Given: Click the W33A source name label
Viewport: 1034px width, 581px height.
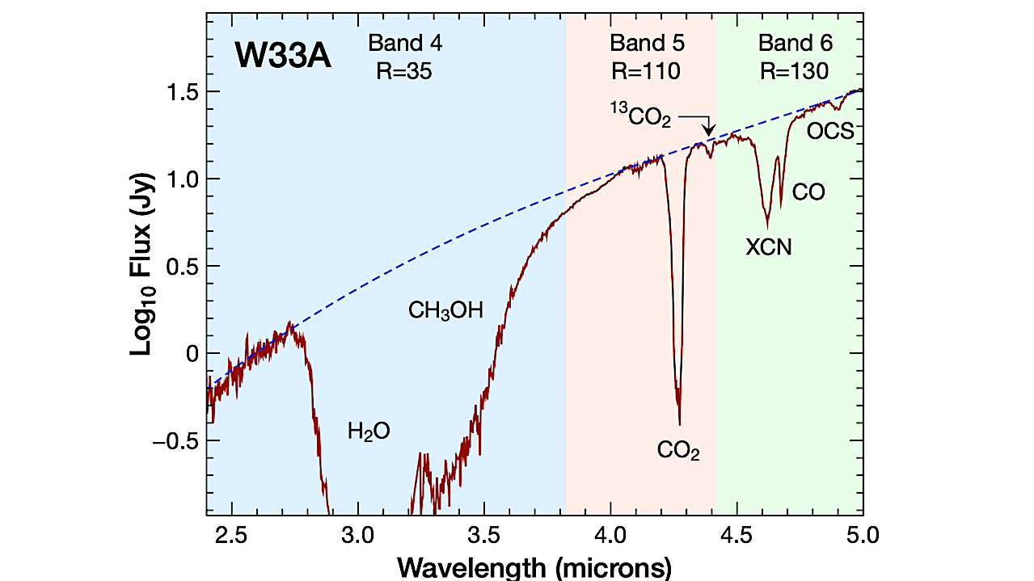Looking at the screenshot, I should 283,56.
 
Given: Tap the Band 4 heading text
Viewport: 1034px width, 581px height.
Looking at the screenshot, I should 405,43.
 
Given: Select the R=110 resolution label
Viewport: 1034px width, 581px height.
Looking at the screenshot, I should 646,71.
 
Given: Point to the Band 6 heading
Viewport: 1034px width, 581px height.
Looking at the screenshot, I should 795,43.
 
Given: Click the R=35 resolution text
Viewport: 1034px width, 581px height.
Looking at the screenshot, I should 404,71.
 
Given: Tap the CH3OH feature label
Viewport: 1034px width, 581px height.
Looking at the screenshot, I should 445,310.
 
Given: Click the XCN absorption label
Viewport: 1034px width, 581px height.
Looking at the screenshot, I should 768,248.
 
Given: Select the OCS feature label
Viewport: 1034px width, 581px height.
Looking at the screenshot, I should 830,131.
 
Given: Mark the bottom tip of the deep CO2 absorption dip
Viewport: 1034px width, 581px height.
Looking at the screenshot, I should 679,423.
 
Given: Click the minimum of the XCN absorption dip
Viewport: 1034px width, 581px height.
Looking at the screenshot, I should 767,227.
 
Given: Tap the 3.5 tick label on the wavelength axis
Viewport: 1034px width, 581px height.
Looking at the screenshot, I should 483,535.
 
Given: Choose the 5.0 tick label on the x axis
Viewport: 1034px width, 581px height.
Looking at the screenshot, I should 863,535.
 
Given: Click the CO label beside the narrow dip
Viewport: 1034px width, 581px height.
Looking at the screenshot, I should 808,192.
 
